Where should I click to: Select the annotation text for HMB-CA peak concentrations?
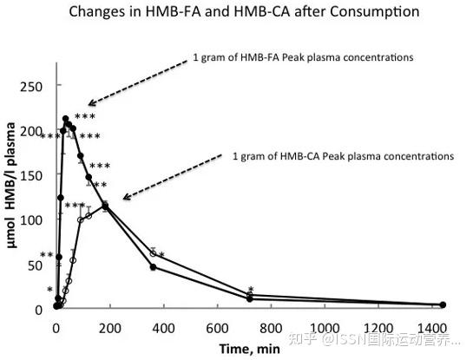(x=343, y=157)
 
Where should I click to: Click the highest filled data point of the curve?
(x=65, y=119)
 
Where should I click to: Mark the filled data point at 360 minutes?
(x=153, y=267)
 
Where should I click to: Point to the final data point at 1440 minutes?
(x=443, y=304)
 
